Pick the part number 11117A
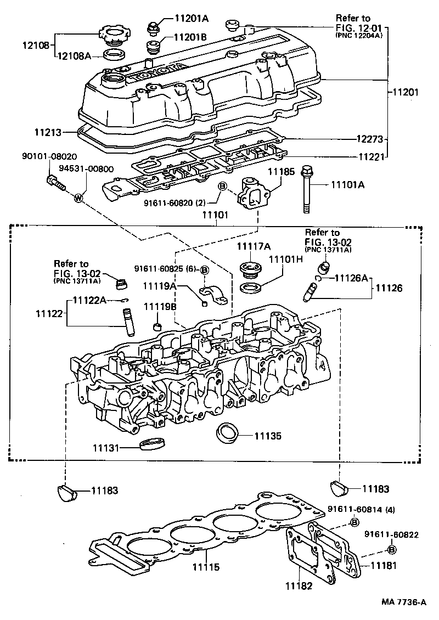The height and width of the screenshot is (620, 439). [255, 247]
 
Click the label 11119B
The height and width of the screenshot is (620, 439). [159, 306]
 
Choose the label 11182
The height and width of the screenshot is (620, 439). [299, 585]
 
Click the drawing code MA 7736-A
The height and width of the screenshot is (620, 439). [404, 602]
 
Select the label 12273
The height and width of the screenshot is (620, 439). [403, 139]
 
